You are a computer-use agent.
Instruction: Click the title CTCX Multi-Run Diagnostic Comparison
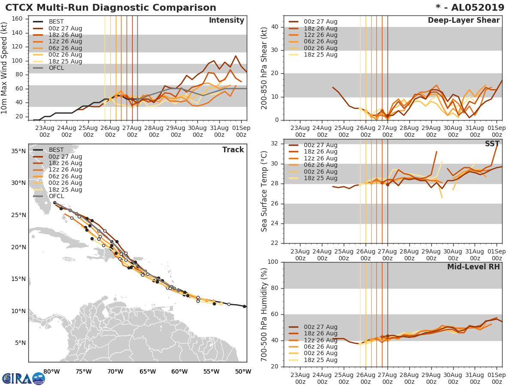[x=111, y=8]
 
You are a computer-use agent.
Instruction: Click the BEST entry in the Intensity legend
[x=56, y=22]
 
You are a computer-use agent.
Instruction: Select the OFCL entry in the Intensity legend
[x=56, y=68]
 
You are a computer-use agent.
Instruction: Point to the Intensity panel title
[x=226, y=21]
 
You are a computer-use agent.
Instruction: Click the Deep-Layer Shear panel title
[x=463, y=21]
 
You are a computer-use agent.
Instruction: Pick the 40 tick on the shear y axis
[x=275, y=27]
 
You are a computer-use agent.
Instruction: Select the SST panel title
[x=492, y=144]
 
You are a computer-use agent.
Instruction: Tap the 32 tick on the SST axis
[x=275, y=144]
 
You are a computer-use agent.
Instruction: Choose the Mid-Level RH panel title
[x=473, y=267]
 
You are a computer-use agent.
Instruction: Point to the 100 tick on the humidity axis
[x=273, y=262]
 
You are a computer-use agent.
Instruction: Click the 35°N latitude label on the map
[x=18, y=151]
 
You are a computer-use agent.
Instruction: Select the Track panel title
[x=233, y=150]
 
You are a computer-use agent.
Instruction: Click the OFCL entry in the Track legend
[x=56, y=196]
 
